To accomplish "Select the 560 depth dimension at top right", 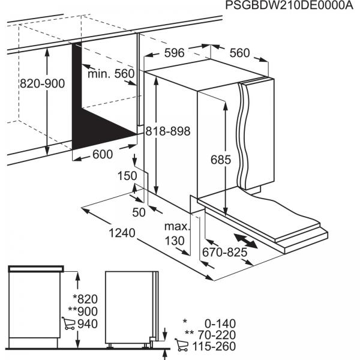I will tap(239, 53).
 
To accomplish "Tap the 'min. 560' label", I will tap(111, 74).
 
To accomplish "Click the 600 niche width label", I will tap(103, 155).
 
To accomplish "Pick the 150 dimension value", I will tap(125, 176).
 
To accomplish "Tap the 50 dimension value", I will tap(139, 213).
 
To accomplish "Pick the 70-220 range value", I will tap(218, 334).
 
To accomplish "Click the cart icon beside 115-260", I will tap(181, 346).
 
